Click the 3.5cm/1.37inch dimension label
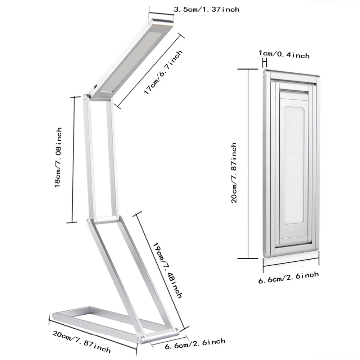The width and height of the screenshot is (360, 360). point(207,9)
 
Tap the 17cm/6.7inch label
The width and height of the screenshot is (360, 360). point(163,72)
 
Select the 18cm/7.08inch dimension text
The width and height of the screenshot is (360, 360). point(58,158)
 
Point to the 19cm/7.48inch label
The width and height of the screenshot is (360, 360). point(167,270)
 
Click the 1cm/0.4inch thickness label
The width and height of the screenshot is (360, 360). point(284,54)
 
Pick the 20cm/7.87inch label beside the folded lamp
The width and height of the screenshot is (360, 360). point(234,173)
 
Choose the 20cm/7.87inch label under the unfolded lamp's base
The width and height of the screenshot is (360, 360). point(82,341)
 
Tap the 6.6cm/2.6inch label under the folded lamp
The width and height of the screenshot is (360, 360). point(289,277)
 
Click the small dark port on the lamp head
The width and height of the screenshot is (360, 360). point(95,87)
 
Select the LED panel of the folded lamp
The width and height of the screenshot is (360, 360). point(294,165)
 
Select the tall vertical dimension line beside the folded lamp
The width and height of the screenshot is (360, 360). point(248,164)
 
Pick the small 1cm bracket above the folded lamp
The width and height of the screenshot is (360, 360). point(265,63)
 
